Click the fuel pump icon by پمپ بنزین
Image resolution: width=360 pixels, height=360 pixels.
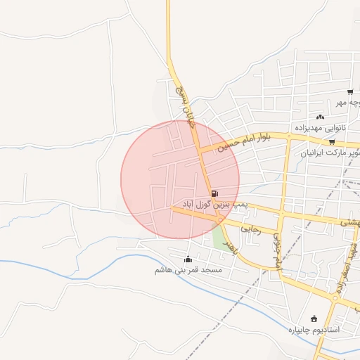214,193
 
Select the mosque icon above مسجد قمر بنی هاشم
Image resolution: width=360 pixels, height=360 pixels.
187,259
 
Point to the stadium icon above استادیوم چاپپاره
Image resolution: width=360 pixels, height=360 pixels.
314,319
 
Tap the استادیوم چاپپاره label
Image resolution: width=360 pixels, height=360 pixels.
314,329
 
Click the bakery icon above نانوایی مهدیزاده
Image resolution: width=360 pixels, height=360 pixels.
321,117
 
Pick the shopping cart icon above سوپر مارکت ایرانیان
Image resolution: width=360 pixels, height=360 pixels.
332,142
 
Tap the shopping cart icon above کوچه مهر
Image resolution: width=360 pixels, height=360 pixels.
349,92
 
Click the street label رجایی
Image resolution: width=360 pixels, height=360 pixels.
250,229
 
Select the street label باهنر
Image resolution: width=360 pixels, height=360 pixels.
226,243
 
